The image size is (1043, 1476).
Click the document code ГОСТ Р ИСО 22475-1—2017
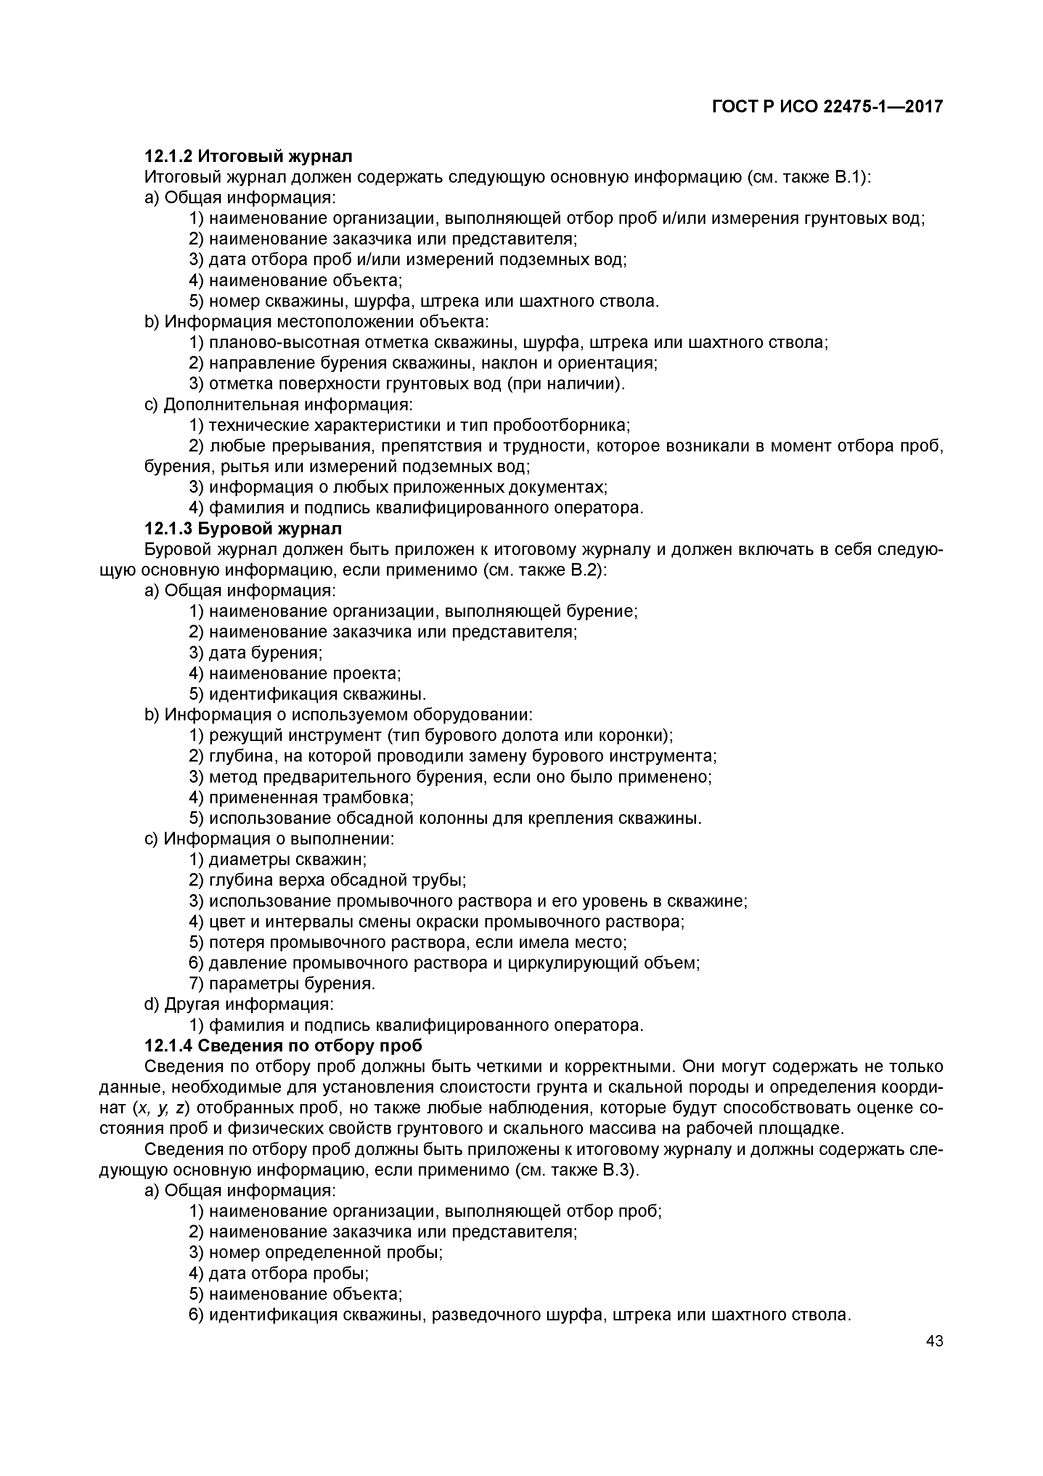(827, 107)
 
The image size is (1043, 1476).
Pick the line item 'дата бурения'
(256, 653)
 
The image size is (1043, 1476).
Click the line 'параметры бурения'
(282, 984)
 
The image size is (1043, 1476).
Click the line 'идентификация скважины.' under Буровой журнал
(308, 694)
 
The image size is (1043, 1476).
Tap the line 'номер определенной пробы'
(315, 1252)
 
